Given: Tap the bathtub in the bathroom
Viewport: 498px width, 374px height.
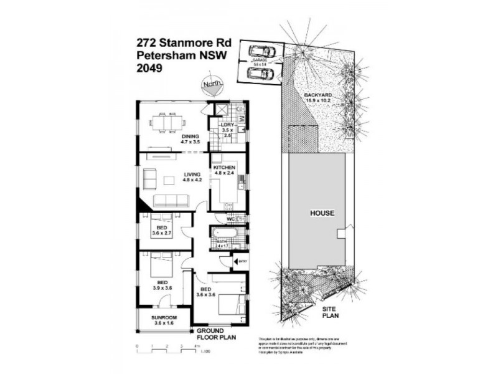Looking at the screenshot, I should (223, 237).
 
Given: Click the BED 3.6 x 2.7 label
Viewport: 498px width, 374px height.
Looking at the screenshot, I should (162, 231).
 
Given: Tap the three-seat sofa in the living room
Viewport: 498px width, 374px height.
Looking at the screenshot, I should (169, 200).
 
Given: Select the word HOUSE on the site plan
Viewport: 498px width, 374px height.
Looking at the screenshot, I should (322, 213).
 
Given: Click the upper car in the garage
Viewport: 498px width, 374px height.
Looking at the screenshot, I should (262, 50).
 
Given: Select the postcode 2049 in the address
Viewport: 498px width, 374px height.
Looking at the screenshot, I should (149, 69).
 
